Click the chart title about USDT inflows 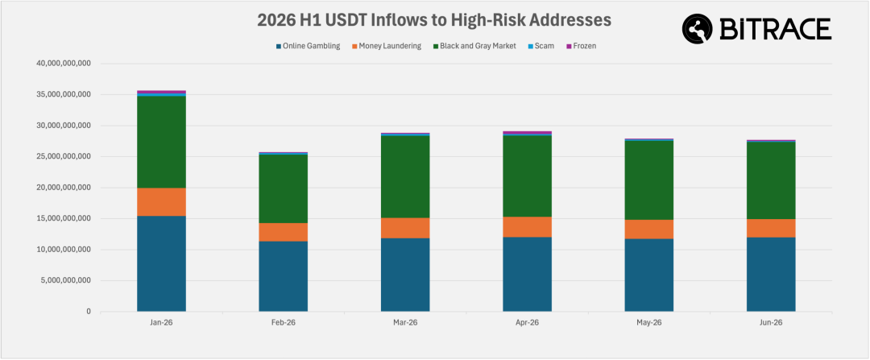(434, 19)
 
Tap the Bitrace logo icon (698, 29)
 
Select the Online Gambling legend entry (308, 46)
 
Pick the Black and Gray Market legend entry (474, 46)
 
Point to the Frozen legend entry (582, 46)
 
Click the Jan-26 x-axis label (161, 323)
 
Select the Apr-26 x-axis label (527, 323)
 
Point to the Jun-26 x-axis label (771, 323)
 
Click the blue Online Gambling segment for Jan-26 (161, 263)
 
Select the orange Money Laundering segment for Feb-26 (283, 232)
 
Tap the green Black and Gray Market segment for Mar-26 (405, 176)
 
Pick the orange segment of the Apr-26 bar (527, 227)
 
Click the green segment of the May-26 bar (649, 180)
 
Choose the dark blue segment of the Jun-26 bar (771, 274)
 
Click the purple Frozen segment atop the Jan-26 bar (161, 92)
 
